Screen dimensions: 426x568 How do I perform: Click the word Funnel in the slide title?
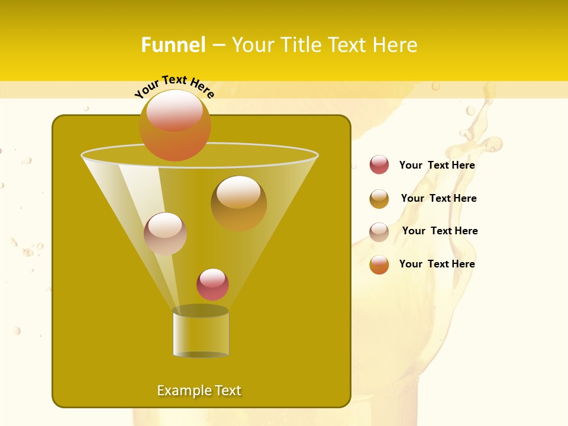tap(173, 45)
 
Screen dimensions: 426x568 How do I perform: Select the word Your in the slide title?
tap(251, 45)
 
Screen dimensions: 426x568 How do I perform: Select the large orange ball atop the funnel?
tap(175, 125)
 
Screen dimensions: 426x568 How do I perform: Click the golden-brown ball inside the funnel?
tap(238, 203)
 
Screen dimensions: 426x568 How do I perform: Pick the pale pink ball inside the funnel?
tap(165, 233)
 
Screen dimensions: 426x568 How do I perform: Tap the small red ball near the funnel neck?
tap(212, 284)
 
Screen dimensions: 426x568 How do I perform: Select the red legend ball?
tap(379, 165)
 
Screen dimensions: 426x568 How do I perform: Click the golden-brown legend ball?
tap(379, 199)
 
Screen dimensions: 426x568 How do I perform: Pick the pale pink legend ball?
tap(379, 231)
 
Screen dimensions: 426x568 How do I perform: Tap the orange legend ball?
tap(379, 264)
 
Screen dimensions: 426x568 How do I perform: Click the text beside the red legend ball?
tap(437, 165)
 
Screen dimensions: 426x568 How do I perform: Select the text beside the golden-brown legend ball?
tap(438, 198)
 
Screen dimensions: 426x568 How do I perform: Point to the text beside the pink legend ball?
tap(440, 231)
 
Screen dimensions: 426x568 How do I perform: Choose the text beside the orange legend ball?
tap(437, 264)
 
